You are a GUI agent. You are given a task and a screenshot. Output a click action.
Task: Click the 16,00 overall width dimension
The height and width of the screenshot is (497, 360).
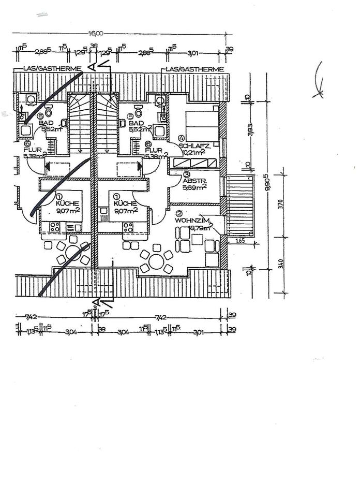coord(96,33)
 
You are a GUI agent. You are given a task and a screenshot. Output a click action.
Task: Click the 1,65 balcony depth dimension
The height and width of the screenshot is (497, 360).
coord(239,241)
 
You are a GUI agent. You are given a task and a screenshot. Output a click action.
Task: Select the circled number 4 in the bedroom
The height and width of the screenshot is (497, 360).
coord(181,138)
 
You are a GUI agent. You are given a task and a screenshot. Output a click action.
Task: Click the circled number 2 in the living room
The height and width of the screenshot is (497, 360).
coord(179,213)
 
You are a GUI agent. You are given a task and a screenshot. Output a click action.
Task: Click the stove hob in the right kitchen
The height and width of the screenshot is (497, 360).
coord(127,227)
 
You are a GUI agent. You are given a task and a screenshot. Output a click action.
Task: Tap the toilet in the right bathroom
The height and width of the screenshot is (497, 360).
coord(139,111)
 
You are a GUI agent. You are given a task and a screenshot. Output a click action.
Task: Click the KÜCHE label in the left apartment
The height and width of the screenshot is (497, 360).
coord(68,204)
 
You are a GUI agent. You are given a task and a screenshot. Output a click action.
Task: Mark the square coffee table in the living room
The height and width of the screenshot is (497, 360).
coord(197,239)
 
